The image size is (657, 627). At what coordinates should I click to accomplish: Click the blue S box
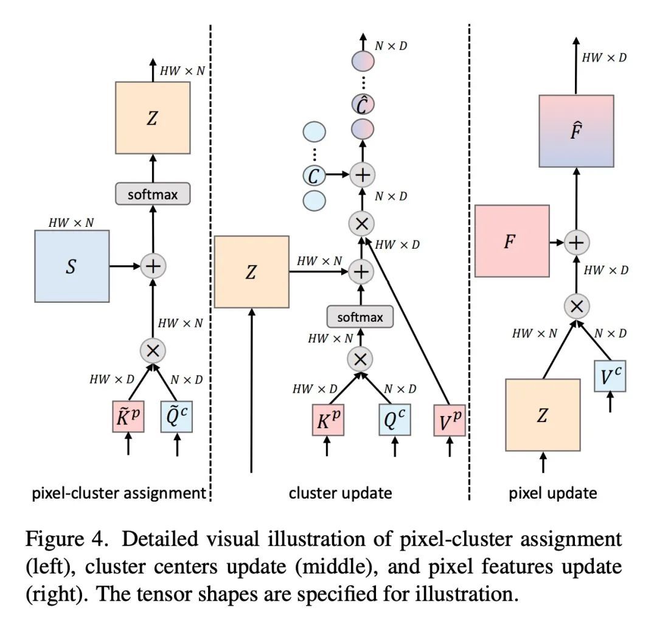pos(71,267)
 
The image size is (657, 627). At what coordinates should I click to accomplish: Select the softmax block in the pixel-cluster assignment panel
pos(152,195)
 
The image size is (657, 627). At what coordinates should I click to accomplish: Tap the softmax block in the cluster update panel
pos(360,317)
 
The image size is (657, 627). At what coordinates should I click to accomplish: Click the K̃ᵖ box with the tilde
pos(128,416)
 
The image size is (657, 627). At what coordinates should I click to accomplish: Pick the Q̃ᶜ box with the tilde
pos(177,416)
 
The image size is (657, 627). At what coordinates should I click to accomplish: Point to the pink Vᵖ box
pos(450,420)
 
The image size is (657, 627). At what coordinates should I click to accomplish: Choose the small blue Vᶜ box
pos(610,376)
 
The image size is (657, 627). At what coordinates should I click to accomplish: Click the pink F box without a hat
pos(512,241)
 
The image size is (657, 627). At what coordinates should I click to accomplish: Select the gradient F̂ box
pos(576,131)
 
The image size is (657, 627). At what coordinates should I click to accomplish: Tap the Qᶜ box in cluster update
pos(394,420)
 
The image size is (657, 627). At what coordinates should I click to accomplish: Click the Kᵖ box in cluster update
pos(328,420)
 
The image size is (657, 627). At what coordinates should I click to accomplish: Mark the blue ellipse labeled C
pos(314,176)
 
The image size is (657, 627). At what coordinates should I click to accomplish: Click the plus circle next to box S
pos(153,266)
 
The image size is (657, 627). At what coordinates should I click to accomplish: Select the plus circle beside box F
pos(576,242)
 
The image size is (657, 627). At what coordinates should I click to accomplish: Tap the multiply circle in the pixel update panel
pos(576,306)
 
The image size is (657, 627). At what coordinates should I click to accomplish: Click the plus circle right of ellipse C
pos(363,176)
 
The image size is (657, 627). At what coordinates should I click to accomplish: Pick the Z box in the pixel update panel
pos(543,415)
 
